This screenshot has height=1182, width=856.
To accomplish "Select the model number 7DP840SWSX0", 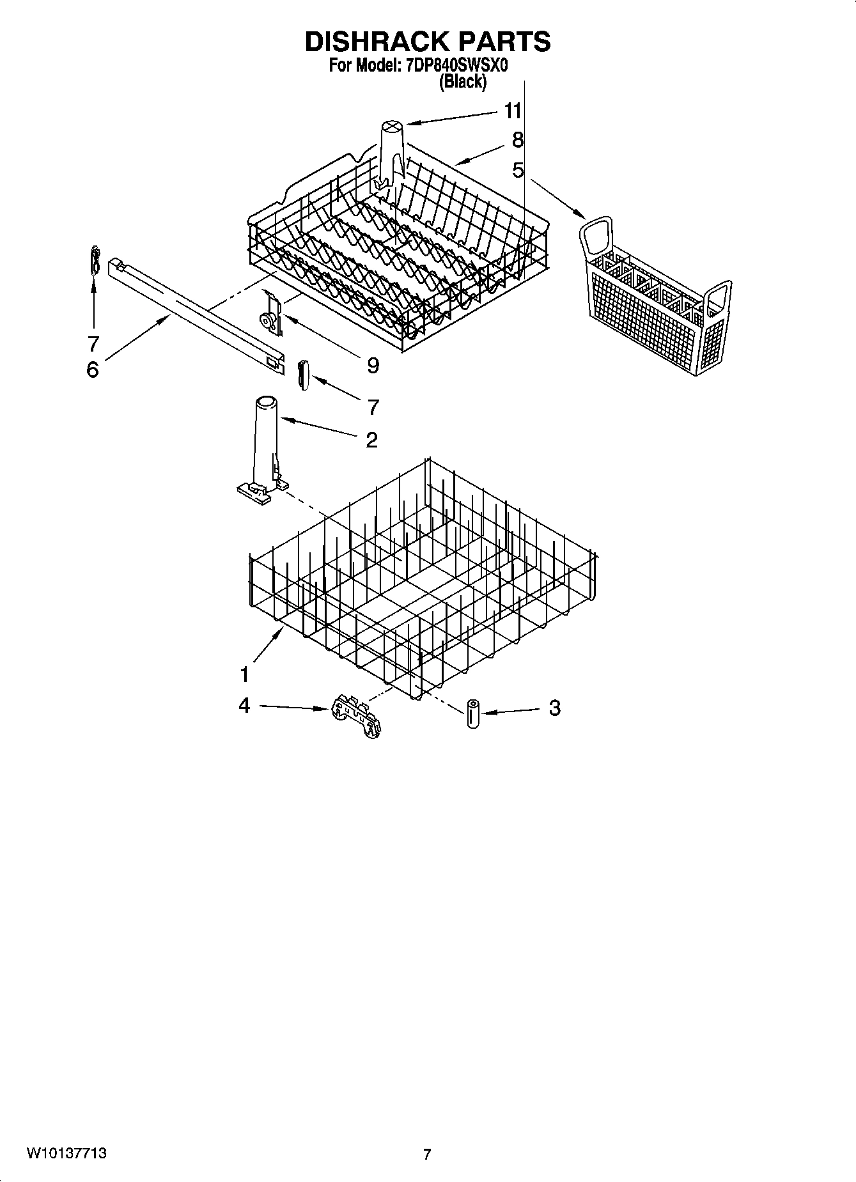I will click(x=456, y=66).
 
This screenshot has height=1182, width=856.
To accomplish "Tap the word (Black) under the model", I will click(x=462, y=81).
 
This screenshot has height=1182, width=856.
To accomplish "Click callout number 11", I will click(x=513, y=111).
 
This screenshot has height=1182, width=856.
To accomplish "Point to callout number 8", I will click(x=518, y=139).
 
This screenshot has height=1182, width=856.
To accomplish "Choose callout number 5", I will click(x=518, y=170).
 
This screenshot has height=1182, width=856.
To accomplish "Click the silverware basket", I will click(x=657, y=299).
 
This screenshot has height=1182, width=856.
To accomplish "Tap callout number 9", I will click(x=372, y=366).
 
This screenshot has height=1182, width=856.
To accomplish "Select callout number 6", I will click(x=93, y=369).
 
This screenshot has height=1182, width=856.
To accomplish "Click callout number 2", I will click(x=371, y=440).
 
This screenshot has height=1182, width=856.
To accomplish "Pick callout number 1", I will click(x=245, y=674).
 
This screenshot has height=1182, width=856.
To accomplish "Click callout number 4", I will click(x=244, y=706).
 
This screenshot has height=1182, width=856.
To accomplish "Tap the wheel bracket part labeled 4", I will click(x=355, y=718).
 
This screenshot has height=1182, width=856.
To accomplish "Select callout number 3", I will click(x=554, y=708).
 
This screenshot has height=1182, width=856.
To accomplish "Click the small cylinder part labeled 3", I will click(x=473, y=713).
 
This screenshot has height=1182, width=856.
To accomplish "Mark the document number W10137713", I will click(x=66, y=1154).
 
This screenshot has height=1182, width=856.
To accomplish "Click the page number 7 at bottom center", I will click(x=427, y=1155).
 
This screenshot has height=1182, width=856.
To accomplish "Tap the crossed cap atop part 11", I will click(x=391, y=127).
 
